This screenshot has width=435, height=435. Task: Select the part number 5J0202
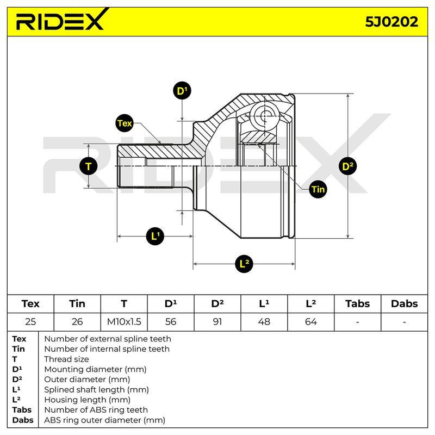point(391,22)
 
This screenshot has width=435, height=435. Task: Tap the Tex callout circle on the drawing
point(125,123)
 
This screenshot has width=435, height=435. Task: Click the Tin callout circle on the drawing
point(318,189)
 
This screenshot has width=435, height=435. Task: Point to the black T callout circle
point(88,166)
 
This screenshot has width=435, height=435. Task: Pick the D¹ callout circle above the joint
point(182,90)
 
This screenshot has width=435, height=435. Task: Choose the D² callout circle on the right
point(347,166)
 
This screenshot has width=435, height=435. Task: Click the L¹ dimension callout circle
point(155,236)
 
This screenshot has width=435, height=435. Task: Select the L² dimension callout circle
point(244,264)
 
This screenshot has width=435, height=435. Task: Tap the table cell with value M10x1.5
point(124,321)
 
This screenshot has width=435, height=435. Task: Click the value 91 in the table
point(217,321)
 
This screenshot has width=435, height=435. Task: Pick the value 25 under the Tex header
point(30,321)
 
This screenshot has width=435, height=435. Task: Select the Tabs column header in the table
point(358,303)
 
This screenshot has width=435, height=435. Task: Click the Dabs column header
point(404,303)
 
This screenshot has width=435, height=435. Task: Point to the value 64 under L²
point(310,321)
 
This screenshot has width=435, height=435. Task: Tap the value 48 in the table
point(264,321)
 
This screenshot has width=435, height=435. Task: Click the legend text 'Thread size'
point(66,359)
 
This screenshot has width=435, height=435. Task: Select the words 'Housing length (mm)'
point(87,400)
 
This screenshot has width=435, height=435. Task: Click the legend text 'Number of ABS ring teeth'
point(96,410)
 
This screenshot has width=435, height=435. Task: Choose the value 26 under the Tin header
point(77,321)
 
